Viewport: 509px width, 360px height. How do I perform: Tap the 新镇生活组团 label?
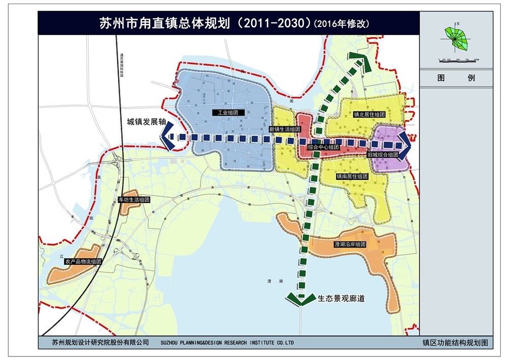pyautogui.click(x=286, y=129)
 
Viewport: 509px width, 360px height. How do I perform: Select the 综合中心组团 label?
pyautogui.click(x=324, y=147)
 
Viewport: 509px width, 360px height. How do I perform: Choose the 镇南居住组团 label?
pyautogui.click(x=352, y=176)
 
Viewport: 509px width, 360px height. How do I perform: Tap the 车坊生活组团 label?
pyautogui.click(x=134, y=200)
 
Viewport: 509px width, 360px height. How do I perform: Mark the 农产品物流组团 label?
pyautogui.click(x=83, y=262)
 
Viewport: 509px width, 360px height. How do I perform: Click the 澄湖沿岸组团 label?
pyautogui.click(x=350, y=244)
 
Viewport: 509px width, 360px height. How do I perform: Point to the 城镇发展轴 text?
pyautogui.click(x=147, y=122)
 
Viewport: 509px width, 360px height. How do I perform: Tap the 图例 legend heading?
pyautogui.click(x=457, y=78)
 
